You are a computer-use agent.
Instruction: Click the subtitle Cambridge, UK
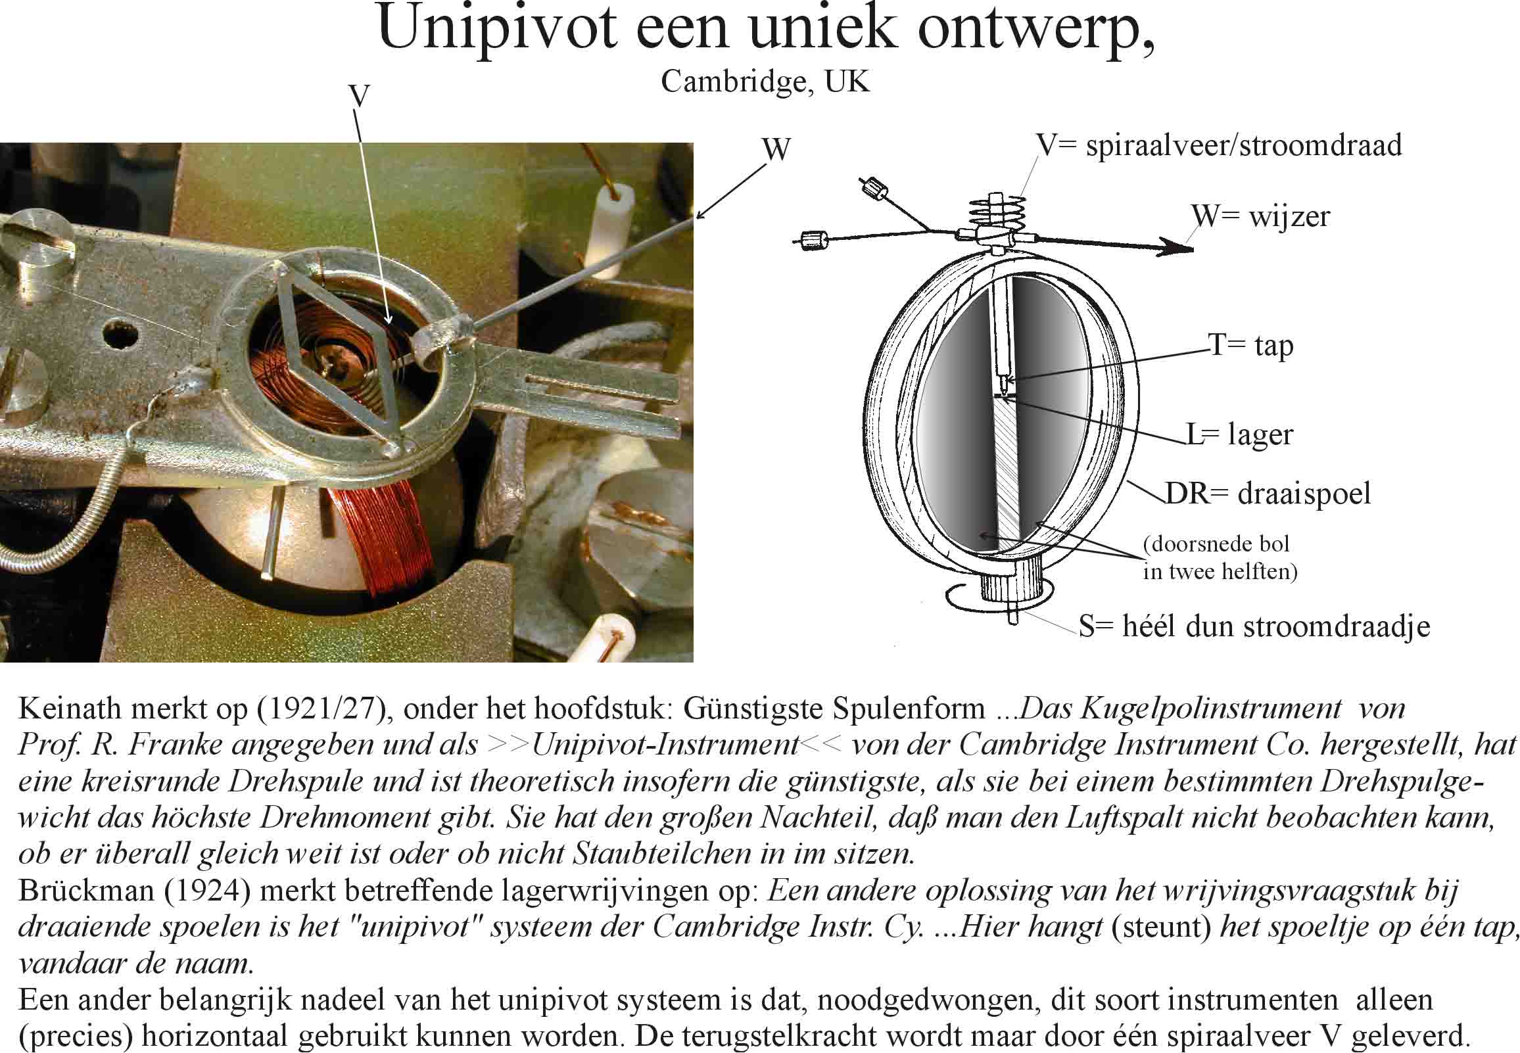click(x=765, y=82)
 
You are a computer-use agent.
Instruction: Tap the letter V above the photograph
click(x=358, y=97)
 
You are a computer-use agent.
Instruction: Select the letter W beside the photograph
click(x=776, y=150)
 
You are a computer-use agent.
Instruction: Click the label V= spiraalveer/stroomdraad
click(x=1219, y=146)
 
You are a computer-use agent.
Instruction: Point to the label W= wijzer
click(x=1260, y=216)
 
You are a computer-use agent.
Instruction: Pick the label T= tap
click(x=1250, y=345)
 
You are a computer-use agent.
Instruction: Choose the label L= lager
click(x=1240, y=434)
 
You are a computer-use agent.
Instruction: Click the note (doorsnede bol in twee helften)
click(x=1220, y=557)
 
